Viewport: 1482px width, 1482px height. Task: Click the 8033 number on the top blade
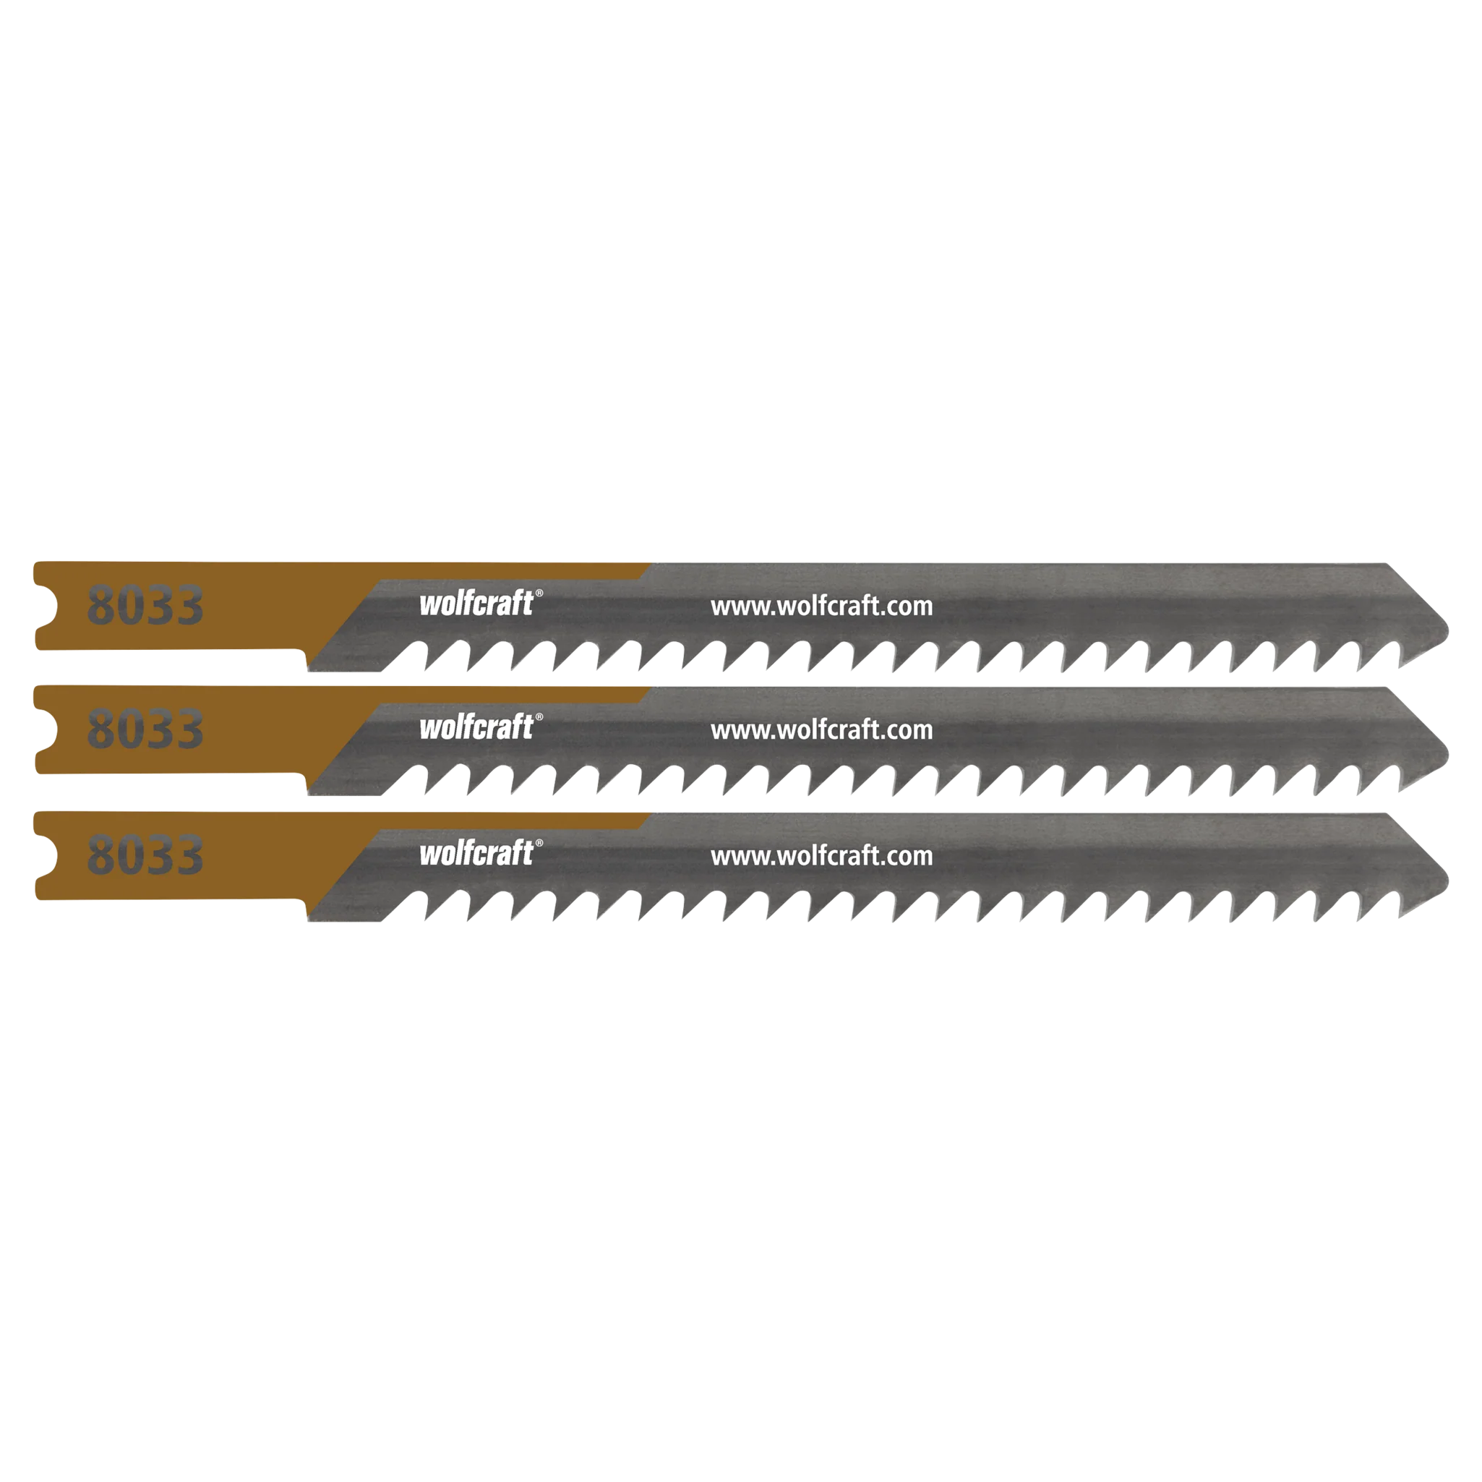click(145, 605)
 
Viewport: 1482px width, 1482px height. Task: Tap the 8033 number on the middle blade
click(145, 729)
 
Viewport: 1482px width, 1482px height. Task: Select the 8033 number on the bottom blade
click(145, 855)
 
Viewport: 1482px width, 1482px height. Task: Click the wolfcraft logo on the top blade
click(476, 603)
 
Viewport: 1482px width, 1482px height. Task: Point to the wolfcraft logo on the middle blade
click(476, 727)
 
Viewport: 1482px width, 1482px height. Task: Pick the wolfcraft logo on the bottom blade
click(476, 853)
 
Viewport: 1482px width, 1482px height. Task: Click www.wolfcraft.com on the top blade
click(821, 607)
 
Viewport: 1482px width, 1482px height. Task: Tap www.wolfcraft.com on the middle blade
click(821, 730)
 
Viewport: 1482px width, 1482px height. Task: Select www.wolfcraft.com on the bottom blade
click(821, 856)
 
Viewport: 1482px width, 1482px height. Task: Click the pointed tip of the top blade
click(1447, 632)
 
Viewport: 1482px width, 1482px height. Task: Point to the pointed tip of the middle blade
click(1447, 755)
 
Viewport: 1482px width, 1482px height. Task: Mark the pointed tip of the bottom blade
click(1447, 881)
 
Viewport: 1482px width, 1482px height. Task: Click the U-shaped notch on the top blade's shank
click(47, 606)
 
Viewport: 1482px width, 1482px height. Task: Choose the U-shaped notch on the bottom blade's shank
click(47, 856)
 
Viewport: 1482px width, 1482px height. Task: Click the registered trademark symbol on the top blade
click(539, 593)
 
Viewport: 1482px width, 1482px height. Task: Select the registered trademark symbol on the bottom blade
click(539, 843)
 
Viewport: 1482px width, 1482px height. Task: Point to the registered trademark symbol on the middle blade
click(539, 717)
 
